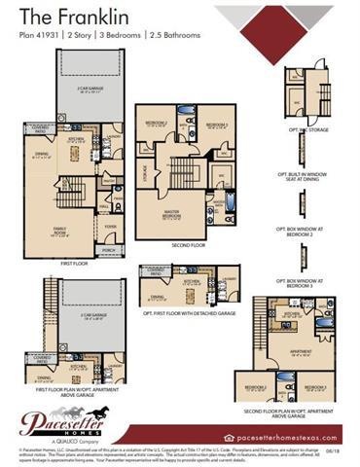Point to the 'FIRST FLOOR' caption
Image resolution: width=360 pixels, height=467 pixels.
tap(74, 264)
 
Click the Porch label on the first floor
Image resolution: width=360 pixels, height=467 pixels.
tap(108, 249)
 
